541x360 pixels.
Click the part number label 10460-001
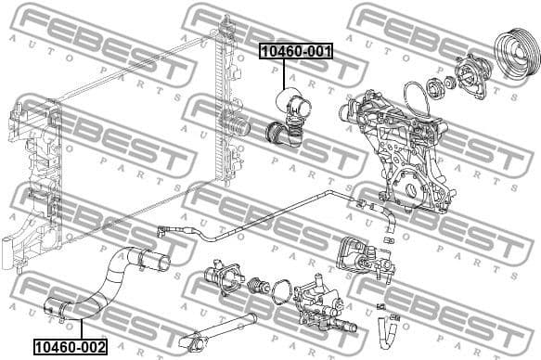coord(295,52)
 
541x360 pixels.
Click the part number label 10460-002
coord(70,347)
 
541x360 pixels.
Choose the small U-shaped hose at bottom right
coord(387,328)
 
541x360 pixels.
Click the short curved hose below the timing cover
coord(391,222)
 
